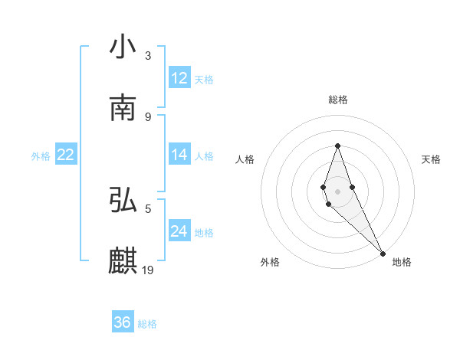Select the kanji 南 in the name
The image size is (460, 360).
point(123,107)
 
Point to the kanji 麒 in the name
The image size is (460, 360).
point(123,260)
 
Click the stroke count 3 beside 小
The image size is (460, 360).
point(148,55)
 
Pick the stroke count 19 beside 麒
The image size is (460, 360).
point(149,270)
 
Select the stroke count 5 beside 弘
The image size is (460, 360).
point(148,208)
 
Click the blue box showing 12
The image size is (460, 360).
point(179,78)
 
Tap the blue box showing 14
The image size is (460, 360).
point(179,155)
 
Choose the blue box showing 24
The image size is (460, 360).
point(179,231)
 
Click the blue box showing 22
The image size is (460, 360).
point(65,155)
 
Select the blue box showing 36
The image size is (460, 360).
point(123,322)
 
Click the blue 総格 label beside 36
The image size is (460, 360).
point(147,324)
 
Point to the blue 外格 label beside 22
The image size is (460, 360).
point(41,156)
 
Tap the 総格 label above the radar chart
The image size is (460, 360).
point(338,100)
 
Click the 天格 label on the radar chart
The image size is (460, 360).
point(431,159)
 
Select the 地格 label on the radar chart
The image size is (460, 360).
point(402,262)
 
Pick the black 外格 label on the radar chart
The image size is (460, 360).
point(270,262)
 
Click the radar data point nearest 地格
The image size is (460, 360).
point(383,253)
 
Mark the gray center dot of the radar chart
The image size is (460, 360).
point(337,191)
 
